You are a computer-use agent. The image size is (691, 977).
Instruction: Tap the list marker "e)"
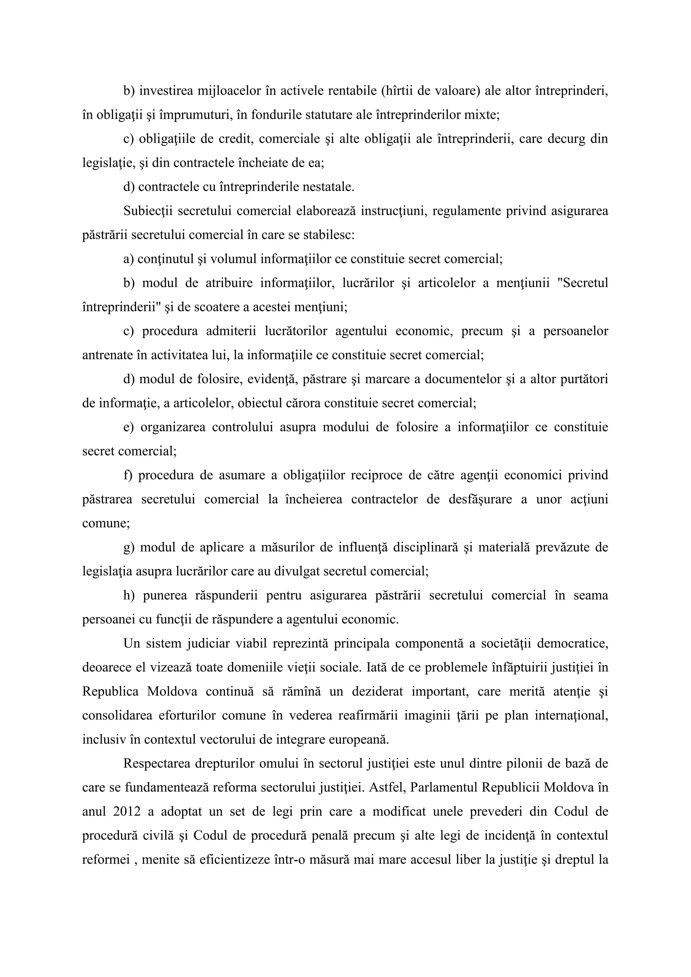point(129,427)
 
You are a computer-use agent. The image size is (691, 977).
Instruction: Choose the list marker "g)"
point(129,547)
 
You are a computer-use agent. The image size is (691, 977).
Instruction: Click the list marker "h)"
point(129,595)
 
